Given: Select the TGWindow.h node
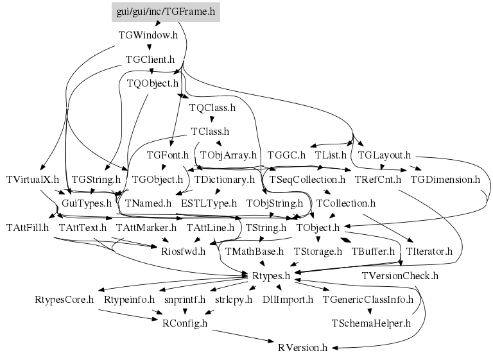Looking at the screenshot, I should (x=148, y=35).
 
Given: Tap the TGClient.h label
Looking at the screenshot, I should (x=150, y=60).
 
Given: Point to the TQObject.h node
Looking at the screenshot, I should (x=153, y=83).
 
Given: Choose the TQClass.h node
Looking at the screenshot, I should (x=212, y=108).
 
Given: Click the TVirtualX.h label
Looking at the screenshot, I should (x=32, y=179).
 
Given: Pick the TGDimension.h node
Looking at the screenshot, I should (x=445, y=179).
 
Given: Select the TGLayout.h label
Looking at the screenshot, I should (x=384, y=155).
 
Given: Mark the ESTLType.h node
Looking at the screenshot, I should (x=209, y=203).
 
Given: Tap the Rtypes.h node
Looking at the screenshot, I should (x=270, y=275).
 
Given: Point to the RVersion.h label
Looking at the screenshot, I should (x=303, y=347).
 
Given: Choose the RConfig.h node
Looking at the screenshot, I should (x=183, y=323).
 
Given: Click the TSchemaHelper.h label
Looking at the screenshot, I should (x=371, y=323).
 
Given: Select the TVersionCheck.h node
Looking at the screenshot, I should (x=400, y=275).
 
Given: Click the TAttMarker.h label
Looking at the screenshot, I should (x=146, y=227).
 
